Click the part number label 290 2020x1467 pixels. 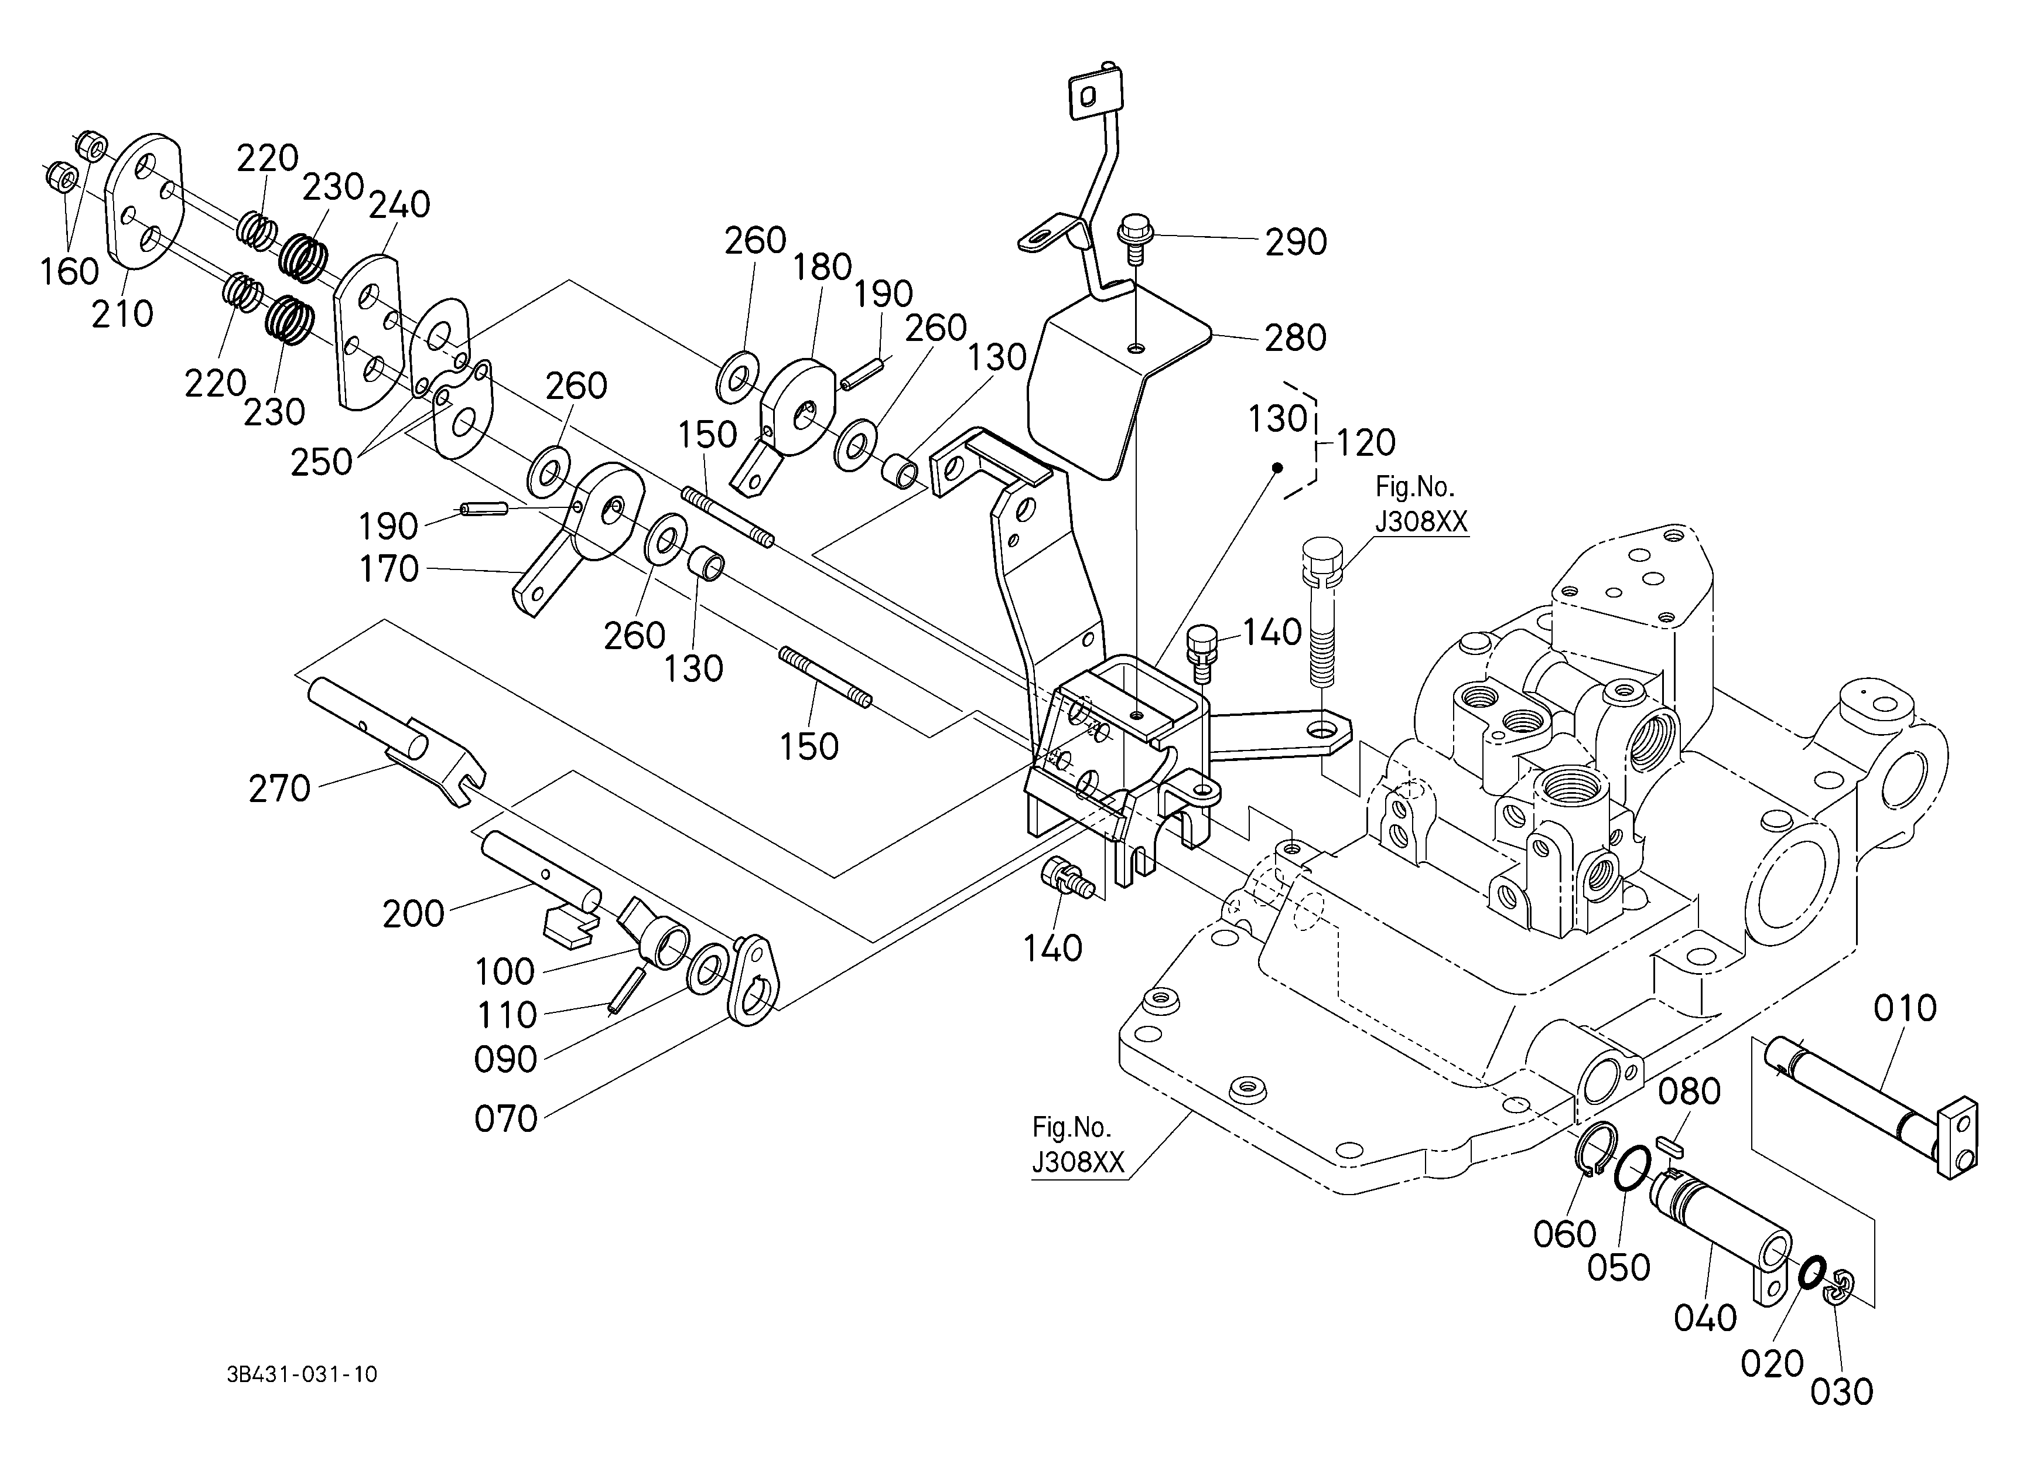tap(1296, 243)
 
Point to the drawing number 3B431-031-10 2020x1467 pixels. tap(302, 1374)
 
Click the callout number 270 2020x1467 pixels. tap(280, 789)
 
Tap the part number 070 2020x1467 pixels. tap(506, 1119)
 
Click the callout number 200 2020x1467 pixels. tap(413, 914)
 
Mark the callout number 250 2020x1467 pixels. tap(322, 462)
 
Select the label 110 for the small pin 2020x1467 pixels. tap(506, 1015)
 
